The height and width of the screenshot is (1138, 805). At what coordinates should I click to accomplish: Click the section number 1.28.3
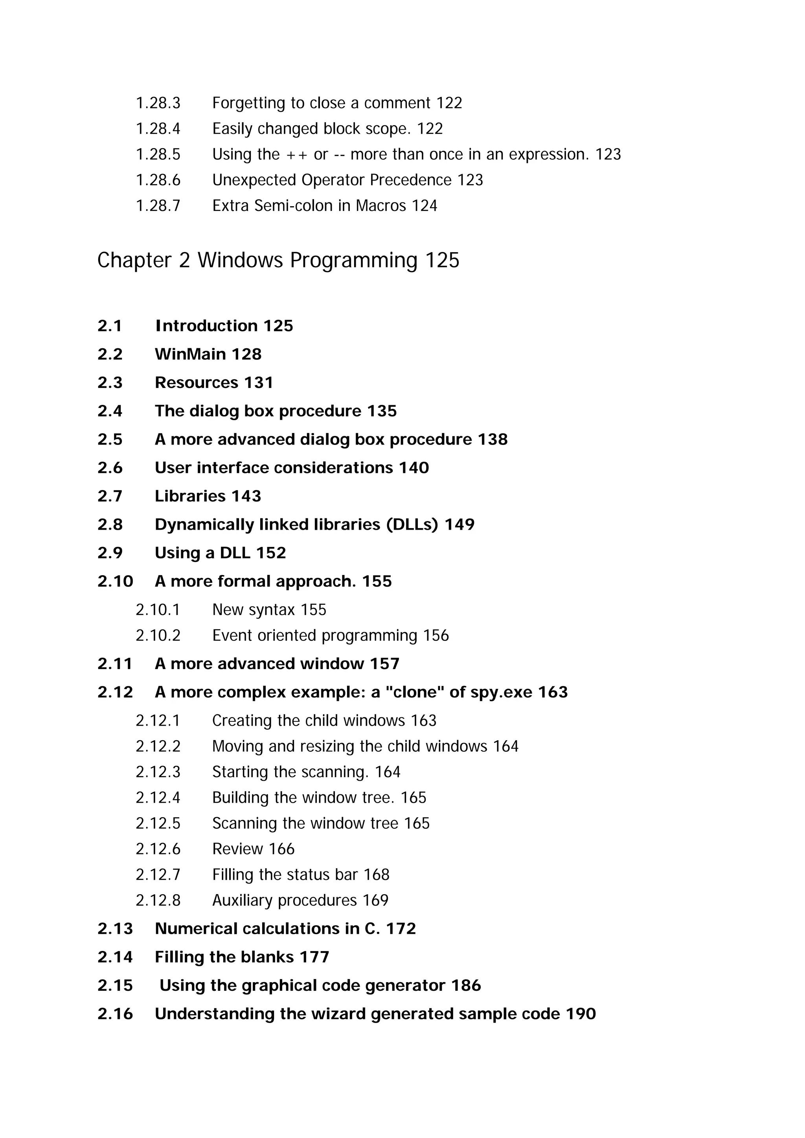[x=158, y=103]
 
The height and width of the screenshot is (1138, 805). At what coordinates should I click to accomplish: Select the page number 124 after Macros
[x=424, y=206]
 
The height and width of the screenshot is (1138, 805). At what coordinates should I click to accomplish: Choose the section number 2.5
[x=110, y=440]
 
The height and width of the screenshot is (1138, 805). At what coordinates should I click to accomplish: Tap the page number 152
[x=270, y=553]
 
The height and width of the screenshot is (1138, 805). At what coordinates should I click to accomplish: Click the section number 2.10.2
[x=158, y=635]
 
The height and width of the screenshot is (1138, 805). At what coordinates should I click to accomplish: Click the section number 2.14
[x=115, y=957]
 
